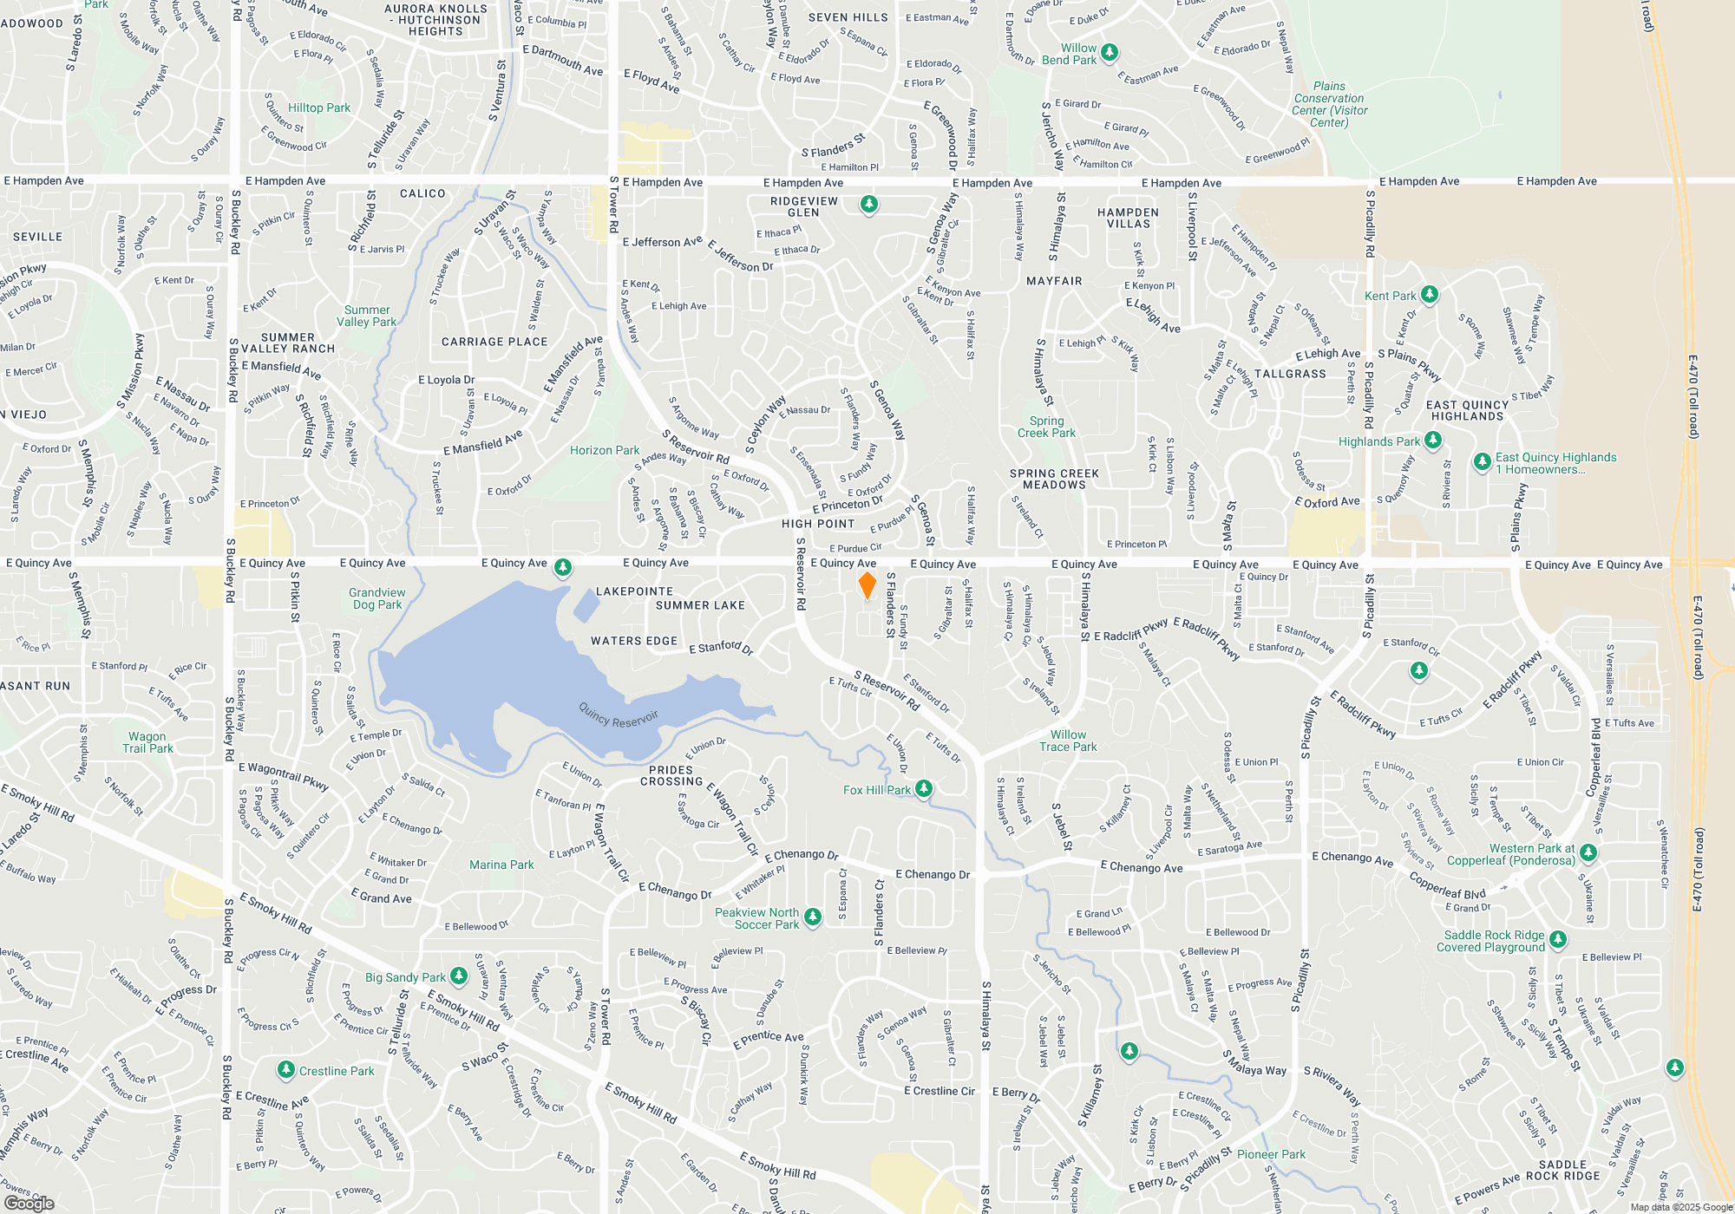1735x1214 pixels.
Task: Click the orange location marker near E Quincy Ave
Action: point(867,585)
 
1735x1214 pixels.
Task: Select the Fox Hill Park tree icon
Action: point(924,788)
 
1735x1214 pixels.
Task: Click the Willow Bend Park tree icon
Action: point(1109,52)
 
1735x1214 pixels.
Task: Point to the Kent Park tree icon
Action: point(1430,295)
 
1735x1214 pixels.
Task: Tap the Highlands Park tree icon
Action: point(1433,441)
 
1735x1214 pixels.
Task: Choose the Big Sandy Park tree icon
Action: point(459,976)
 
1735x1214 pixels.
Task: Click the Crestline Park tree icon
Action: point(285,1070)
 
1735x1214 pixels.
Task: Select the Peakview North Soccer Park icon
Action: point(813,917)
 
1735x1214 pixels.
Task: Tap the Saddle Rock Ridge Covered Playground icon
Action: point(1558,939)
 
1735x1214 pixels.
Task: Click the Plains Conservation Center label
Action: point(1329,104)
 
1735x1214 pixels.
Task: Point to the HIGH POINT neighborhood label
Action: point(818,524)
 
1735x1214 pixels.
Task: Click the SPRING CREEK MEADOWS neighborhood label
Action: point(1054,479)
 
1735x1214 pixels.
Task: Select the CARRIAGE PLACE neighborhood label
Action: point(494,342)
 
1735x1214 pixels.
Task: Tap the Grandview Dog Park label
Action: point(377,598)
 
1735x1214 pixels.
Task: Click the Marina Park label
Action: point(501,865)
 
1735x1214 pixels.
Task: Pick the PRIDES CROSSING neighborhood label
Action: point(671,775)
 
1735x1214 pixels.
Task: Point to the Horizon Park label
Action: point(604,450)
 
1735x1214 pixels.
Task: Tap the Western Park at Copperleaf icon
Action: point(1588,852)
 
